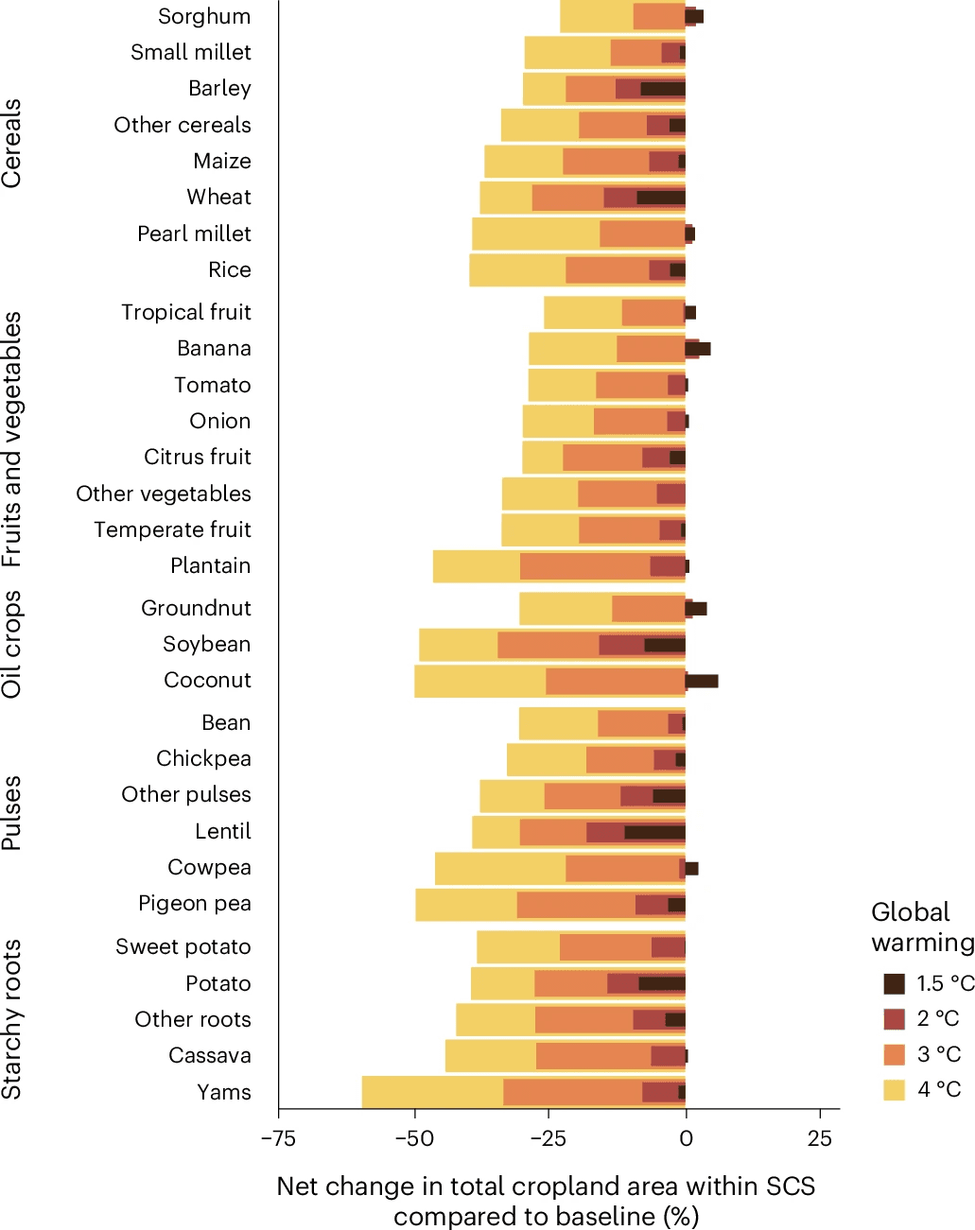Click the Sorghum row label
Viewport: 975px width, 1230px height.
[x=204, y=17]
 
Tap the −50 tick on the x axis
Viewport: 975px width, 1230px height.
[x=414, y=1138]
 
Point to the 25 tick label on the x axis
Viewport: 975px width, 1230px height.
[x=820, y=1138]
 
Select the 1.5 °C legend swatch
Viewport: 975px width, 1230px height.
[x=895, y=983]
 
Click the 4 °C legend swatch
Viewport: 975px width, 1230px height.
[x=895, y=1090]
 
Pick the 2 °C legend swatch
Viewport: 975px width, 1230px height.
[x=895, y=1018]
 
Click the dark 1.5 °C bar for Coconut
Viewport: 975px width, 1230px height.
[x=702, y=681]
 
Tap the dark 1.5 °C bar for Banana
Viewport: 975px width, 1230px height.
[x=698, y=349]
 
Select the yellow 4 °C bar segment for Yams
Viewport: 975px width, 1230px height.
[x=432, y=1092]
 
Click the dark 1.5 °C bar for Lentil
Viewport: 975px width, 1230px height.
[x=654, y=832]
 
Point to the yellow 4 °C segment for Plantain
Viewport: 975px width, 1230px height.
[x=476, y=566]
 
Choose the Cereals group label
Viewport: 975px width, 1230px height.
[x=12, y=144]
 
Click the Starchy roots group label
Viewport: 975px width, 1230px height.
[x=12, y=1019]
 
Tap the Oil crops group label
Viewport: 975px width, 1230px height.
[x=12, y=645]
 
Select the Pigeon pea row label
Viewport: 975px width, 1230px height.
[x=195, y=904]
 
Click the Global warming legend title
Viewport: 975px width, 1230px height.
[x=922, y=927]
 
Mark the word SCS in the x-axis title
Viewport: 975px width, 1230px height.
[x=788, y=1187]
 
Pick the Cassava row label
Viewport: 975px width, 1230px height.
[x=210, y=1056]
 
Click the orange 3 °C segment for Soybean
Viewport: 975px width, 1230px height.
[x=548, y=645]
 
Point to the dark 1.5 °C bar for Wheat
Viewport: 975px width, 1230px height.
[x=661, y=198]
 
